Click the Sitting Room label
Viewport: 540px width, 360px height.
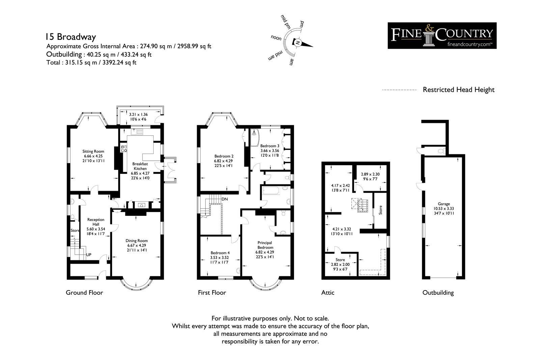(x=93, y=151)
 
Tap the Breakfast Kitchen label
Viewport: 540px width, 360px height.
(x=140, y=166)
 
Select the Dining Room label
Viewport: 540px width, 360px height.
(x=136, y=240)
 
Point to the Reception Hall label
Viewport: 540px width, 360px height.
(x=96, y=222)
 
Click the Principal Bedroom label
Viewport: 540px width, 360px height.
(x=265, y=245)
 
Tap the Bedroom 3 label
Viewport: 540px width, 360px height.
(x=270, y=146)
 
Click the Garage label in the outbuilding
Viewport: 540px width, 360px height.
(x=444, y=204)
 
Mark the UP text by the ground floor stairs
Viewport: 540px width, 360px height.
(x=89, y=255)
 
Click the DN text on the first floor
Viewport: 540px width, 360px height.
(x=224, y=199)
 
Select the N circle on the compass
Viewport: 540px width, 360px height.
(x=297, y=43)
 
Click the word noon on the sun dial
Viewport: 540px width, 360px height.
(x=276, y=38)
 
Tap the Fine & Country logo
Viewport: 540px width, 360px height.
(x=442, y=36)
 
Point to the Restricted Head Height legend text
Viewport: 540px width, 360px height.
(x=459, y=90)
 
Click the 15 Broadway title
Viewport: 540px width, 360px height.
(x=71, y=37)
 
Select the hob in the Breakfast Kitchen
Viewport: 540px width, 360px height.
(x=124, y=149)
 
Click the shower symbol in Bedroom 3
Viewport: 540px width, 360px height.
(x=254, y=133)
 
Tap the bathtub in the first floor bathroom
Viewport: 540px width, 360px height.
(x=271, y=190)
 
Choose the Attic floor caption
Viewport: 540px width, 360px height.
(x=328, y=293)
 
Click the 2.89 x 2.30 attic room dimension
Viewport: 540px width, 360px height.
(x=370, y=174)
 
